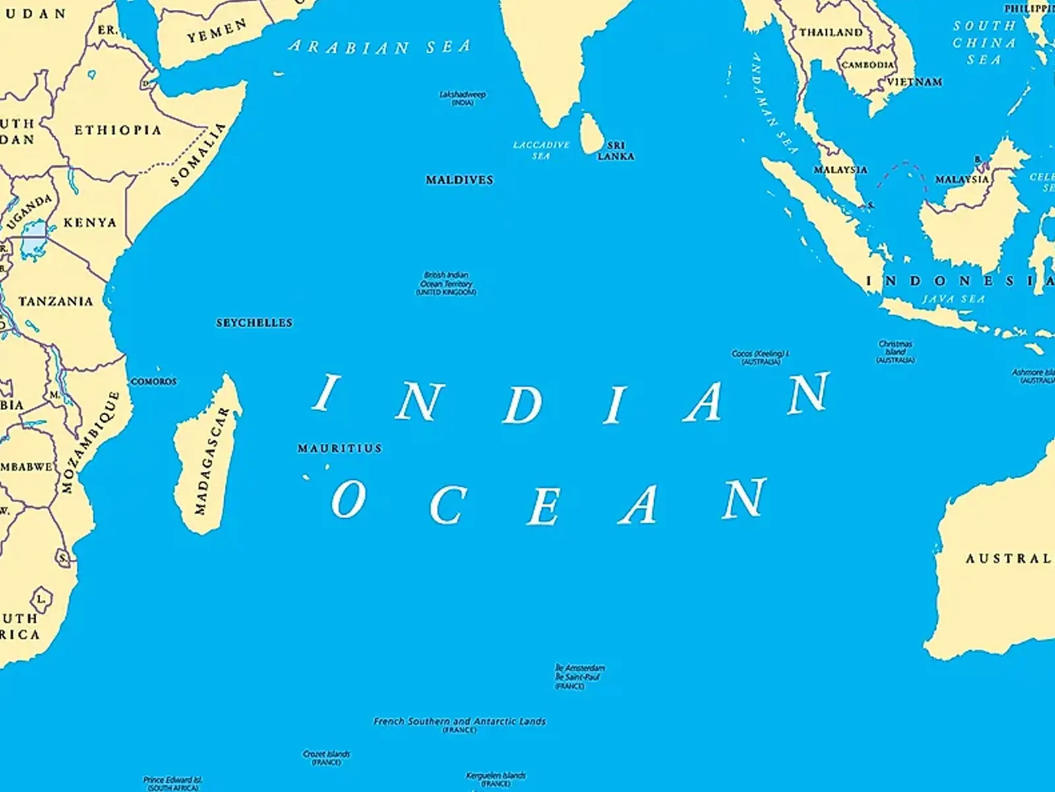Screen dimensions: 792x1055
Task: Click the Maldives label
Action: tap(459, 180)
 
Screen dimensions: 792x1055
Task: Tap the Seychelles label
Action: tap(254, 323)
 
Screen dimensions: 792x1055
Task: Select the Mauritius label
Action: tap(340, 448)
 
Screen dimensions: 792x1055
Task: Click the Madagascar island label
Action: tap(211, 461)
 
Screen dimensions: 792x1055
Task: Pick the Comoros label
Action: tap(154, 381)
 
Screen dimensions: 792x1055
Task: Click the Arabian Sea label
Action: tap(380, 47)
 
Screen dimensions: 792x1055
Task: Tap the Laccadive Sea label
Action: tap(541, 150)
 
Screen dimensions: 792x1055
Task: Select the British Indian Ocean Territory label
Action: tap(446, 283)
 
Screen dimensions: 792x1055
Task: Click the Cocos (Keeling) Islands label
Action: tap(760, 357)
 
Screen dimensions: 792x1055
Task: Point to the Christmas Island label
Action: tap(895, 352)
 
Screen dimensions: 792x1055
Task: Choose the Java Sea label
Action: tap(953, 299)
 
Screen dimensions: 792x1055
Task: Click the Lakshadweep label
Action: tap(463, 98)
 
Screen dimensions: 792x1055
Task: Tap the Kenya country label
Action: tap(90, 222)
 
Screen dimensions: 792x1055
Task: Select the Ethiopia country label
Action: tap(117, 130)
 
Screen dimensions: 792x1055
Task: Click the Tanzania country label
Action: tap(55, 302)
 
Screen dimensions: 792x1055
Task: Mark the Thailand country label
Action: tap(831, 32)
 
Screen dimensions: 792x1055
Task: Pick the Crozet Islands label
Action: tap(326, 757)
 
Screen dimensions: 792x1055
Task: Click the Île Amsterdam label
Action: tap(579, 668)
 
